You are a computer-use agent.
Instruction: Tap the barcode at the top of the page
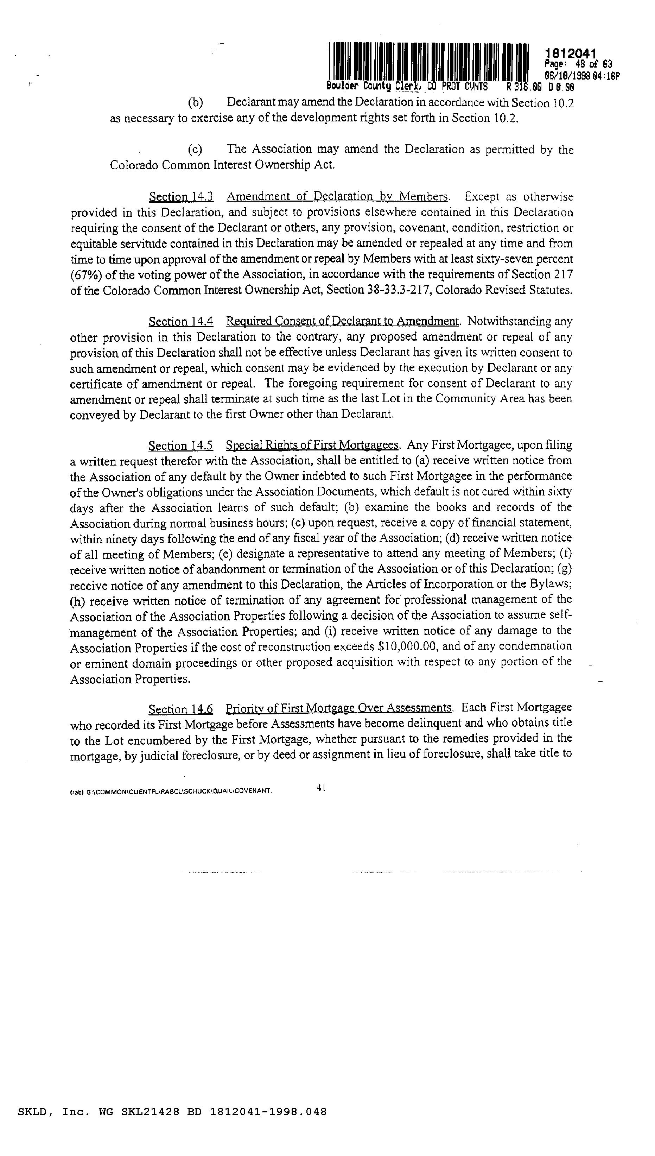pyautogui.click(x=429, y=61)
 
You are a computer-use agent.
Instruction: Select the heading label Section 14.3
pyautogui.click(x=181, y=197)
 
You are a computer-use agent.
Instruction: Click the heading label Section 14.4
pyautogui.click(x=181, y=321)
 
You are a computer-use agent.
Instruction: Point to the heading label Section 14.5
pyautogui.click(x=181, y=446)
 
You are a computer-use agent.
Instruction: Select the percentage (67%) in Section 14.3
pyautogui.click(x=85, y=275)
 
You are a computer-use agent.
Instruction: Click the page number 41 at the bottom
pyautogui.click(x=321, y=788)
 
